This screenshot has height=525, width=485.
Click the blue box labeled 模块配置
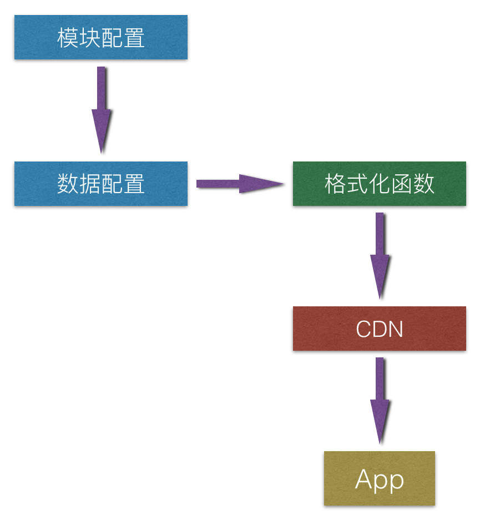click(100, 37)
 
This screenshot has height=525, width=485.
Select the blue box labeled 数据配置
click(100, 184)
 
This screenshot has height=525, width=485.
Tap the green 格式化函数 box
click(379, 184)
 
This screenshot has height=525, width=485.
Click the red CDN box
click(379, 329)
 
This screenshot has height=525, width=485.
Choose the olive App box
click(379, 478)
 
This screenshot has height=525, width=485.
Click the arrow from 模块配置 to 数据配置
click(101, 108)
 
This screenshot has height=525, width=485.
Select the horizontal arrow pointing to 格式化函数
click(239, 184)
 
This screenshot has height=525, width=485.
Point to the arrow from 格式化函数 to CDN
click(380, 255)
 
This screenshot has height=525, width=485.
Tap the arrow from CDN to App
click(380, 400)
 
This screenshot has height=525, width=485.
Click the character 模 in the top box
click(68, 38)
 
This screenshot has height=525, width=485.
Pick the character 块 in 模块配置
click(90, 38)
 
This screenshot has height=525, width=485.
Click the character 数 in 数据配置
click(68, 184)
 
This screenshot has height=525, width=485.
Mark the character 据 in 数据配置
click(90, 184)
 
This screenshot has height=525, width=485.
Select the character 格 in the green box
click(335, 184)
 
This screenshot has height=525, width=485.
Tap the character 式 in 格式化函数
click(357, 184)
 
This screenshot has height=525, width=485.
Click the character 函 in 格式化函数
click(402, 184)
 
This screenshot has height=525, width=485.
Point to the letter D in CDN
click(380, 329)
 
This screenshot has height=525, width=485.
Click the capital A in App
click(363, 479)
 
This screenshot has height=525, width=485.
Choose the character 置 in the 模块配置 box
click(134, 38)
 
